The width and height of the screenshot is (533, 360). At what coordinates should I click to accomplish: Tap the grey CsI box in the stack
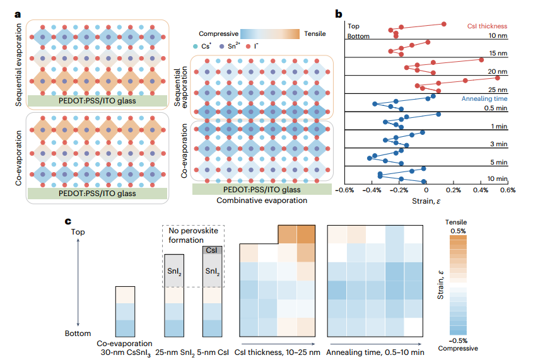click(x=211, y=250)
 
